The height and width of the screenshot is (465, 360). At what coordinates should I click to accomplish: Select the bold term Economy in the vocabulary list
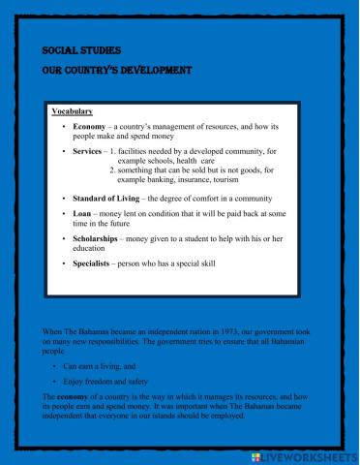[90, 127]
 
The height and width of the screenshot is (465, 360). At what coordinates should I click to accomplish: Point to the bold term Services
[89, 152]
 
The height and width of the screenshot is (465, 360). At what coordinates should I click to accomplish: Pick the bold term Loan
[82, 211]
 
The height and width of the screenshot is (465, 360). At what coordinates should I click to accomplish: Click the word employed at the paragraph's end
[223, 424]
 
